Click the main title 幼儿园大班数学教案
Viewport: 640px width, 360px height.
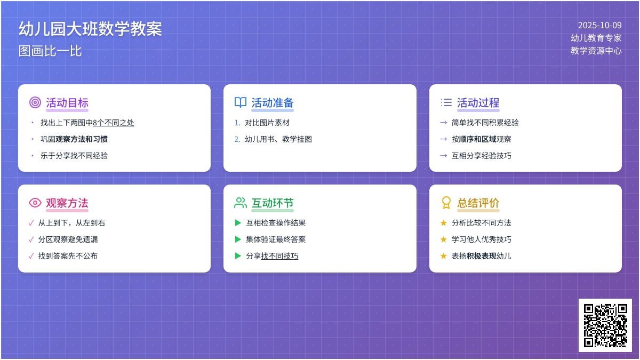(x=90, y=29)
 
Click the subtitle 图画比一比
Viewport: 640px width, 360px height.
(x=50, y=51)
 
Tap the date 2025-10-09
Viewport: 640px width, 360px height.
(x=599, y=25)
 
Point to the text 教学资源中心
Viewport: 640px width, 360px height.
(x=596, y=51)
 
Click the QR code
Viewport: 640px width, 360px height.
(x=605, y=325)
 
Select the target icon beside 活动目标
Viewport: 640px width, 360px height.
(x=35, y=102)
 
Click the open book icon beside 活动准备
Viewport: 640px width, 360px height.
(x=241, y=102)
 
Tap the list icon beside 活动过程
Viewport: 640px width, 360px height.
(x=446, y=102)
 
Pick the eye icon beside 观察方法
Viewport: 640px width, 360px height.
(x=35, y=203)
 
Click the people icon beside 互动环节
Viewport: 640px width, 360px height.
(x=241, y=203)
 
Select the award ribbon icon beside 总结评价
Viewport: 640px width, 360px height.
(x=446, y=203)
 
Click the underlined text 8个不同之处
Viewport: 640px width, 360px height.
(x=114, y=123)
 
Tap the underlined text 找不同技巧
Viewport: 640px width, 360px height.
(x=279, y=256)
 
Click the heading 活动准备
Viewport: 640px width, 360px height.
(x=273, y=103)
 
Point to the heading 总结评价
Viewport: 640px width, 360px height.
(x=478, y=203)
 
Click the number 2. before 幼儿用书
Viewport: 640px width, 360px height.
(x=237, y=139)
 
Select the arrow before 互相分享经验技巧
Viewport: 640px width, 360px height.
(x=443, y=156)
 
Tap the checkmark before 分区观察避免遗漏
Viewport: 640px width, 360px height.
(x=31, y=239)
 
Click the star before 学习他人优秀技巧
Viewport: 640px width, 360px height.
(x=443, y=239)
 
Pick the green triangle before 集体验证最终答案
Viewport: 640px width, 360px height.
(x=238, y=239)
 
